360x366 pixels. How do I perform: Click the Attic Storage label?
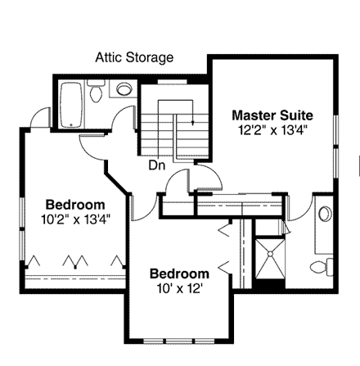134,58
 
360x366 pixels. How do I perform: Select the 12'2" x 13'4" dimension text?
272,129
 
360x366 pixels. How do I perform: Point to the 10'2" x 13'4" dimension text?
74,219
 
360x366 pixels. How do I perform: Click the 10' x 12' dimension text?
180,287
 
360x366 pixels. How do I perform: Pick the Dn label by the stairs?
157,165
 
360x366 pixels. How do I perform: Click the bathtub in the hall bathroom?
72,104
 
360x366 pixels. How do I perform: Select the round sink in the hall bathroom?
126,90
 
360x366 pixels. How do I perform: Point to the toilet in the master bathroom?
325,267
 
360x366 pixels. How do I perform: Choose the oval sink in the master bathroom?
324,216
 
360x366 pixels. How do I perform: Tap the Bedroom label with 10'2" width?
74,204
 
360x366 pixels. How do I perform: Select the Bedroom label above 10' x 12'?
180,273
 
